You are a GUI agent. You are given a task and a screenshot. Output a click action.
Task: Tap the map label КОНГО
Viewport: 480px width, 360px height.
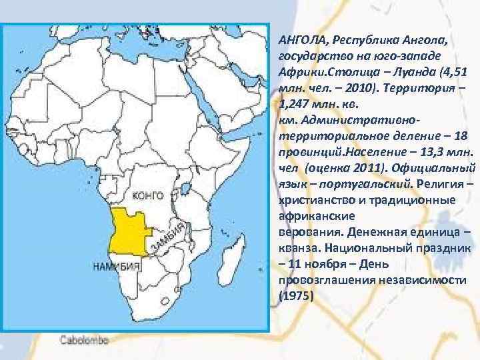tap(148, 195)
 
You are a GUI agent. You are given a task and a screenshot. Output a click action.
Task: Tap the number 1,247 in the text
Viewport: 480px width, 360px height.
tap(293, 103)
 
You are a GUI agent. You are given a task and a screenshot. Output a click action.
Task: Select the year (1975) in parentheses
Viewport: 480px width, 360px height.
tap(296, 294)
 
